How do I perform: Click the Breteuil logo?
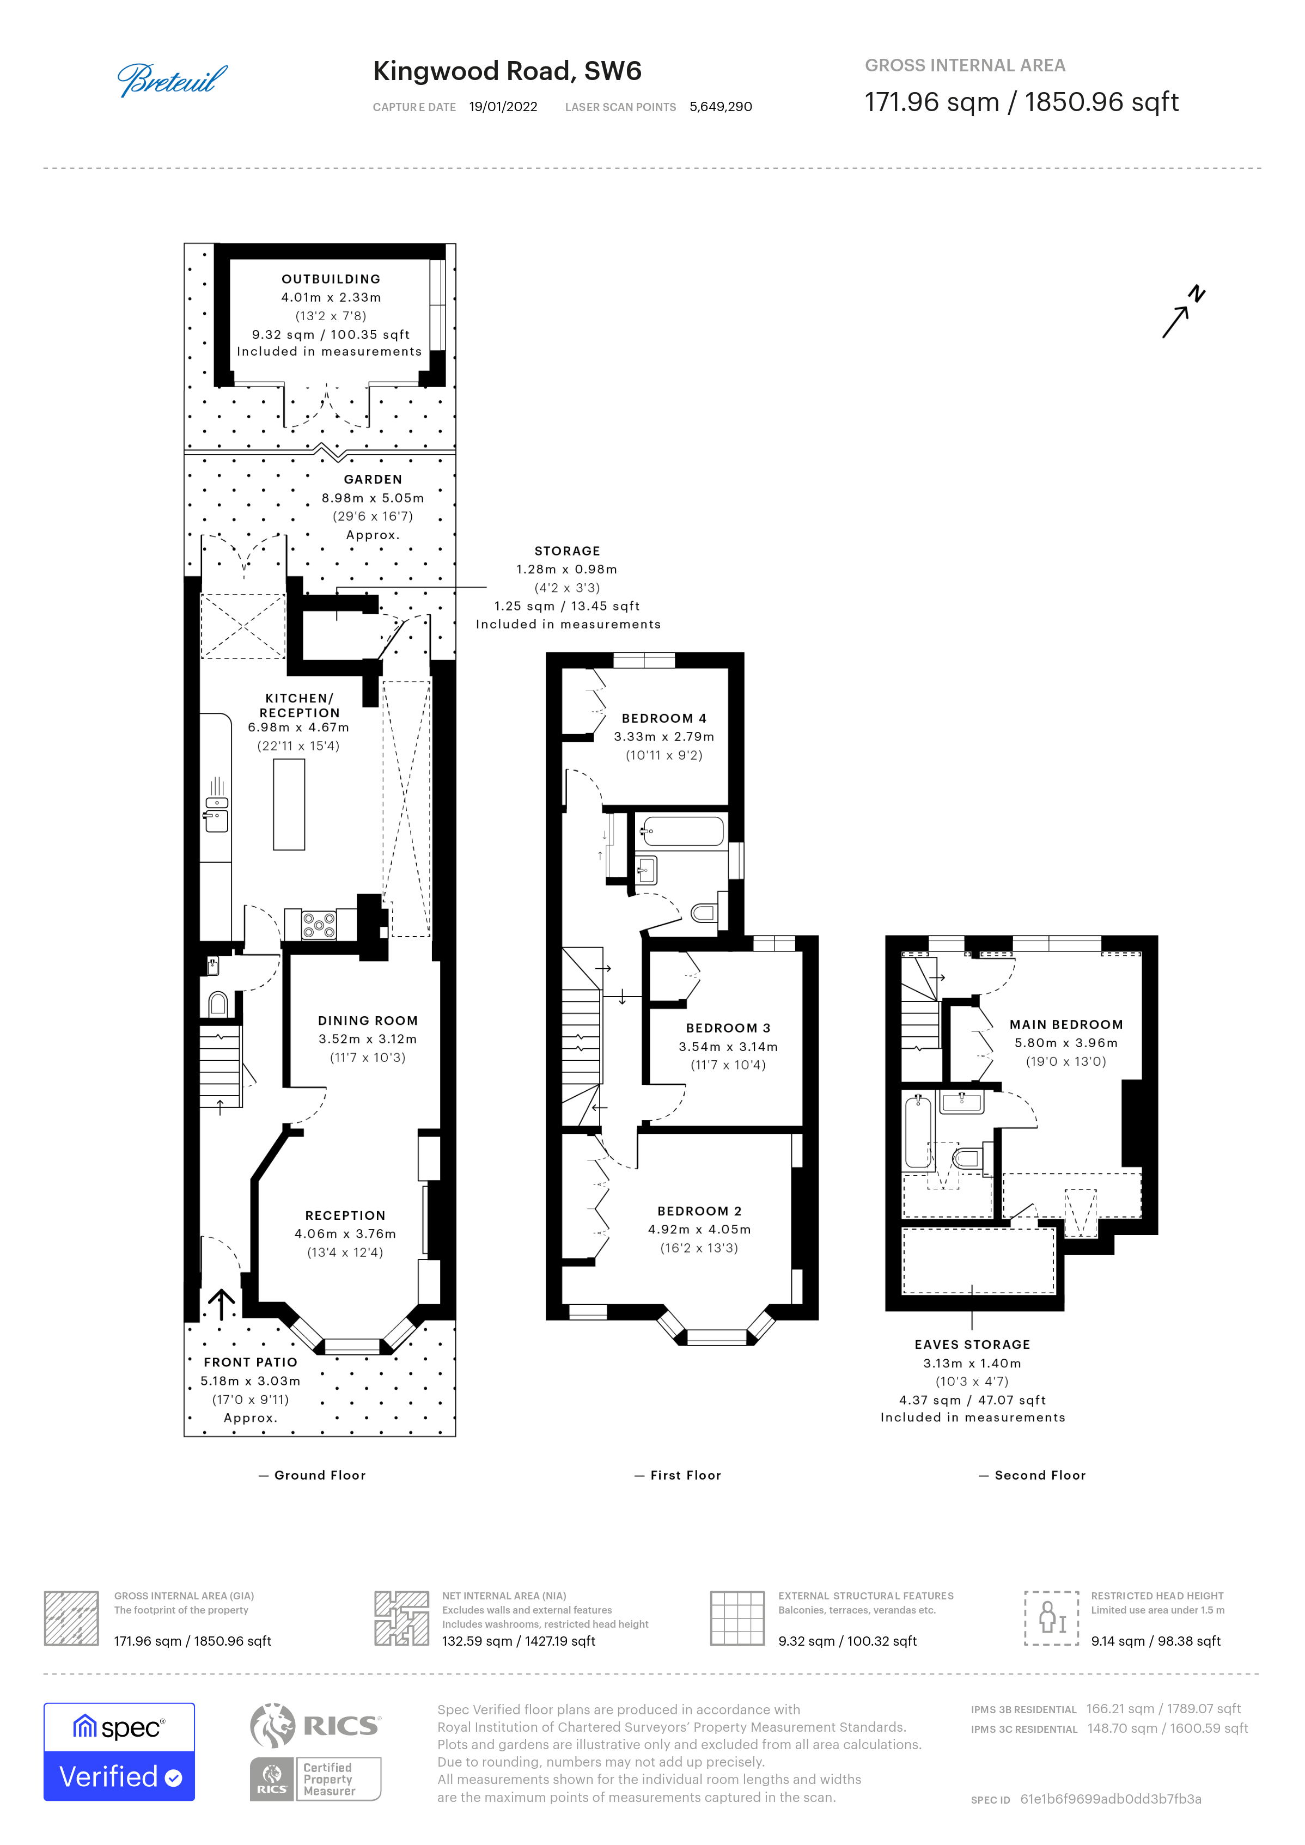coord(172,81)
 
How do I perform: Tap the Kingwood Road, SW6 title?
coord(507,71)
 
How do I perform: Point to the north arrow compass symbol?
coord(1184,311)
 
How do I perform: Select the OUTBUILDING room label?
coord(331,279)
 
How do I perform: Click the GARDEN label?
coord(373,479)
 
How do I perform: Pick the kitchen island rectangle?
coord(289,804)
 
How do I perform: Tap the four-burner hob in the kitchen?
coord(319,925)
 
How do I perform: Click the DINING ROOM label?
coord(368,1021)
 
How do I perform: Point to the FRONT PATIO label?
coord(251,1362)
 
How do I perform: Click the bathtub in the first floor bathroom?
coord(682,831)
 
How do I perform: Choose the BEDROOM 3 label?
coord(728,1028)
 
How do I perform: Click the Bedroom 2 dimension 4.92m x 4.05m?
coord(700,1230)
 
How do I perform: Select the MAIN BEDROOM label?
coord(1066,1024)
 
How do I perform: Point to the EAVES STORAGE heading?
coord(972,1345)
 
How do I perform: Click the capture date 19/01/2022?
coord(503,107)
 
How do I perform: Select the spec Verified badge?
coord(119,1752)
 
